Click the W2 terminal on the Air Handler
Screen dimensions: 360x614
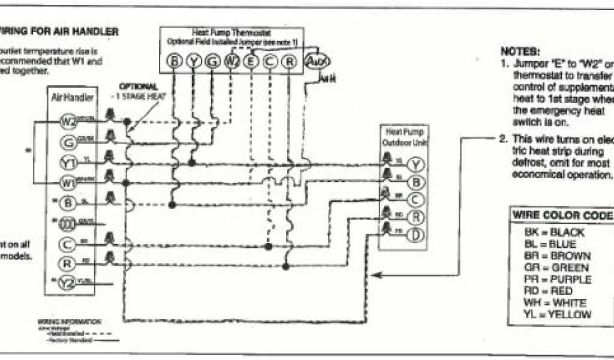(68, 121)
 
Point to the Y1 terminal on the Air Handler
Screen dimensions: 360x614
(68, 162)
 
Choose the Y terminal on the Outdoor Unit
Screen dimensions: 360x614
(417, 166)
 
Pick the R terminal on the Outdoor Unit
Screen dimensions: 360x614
(417, 218)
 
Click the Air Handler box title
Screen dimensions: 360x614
(69, 96)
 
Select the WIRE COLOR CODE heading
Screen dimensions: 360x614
(561, 215)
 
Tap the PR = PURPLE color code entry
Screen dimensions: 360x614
(557, 279)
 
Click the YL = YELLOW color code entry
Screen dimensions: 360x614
(557, 314)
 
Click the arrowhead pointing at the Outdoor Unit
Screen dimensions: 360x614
(375, 275)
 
